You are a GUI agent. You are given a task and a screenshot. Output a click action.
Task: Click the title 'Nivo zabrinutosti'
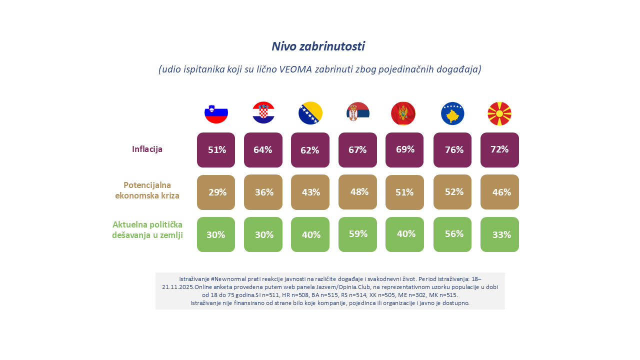click(x=318, y=46)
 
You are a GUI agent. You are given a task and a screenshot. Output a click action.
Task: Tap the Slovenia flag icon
click(x=216, y=113)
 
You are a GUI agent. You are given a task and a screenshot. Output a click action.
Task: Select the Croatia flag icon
click(x=263, y=112)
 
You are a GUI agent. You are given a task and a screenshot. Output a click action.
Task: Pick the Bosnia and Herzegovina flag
click(x=310, y=113)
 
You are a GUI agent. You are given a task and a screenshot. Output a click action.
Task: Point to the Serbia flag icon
click(x=358, y=113)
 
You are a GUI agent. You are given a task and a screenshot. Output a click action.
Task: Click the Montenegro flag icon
click(x=403, y=113)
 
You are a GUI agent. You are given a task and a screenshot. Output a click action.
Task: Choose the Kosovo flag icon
click(x=452, y=113)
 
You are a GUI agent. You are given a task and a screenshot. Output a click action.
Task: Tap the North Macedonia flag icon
click(x=499, y=113)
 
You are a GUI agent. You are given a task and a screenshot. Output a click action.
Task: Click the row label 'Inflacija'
click(x=147, y=149)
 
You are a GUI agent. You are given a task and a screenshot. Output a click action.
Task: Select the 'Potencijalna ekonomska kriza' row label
click(x=147, y=190)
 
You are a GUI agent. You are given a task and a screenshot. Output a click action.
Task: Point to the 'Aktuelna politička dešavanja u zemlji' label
click(x=147, y=229)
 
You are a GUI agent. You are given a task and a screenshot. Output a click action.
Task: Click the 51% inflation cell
click(x=216, y=150)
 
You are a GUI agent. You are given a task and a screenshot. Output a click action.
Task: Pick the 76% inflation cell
click(x=452, y=150)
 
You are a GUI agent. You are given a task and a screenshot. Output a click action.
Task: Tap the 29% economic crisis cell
click(x=216, y=192)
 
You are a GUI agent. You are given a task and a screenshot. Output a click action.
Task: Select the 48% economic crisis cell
click(x=358, y=192)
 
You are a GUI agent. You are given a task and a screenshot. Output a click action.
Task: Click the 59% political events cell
click(x=358, y=234)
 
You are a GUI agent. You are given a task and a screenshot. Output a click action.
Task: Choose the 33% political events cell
click(x=499, y=234)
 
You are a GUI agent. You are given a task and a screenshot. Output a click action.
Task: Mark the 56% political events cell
click(x=452, y=234)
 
